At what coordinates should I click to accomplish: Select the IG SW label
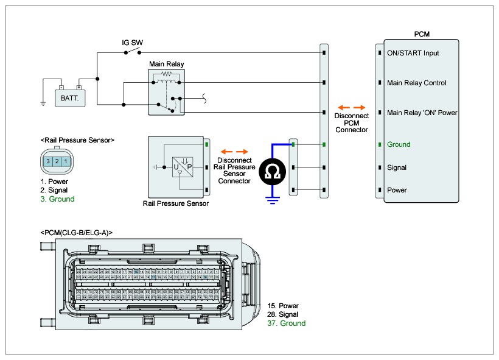[132, 43]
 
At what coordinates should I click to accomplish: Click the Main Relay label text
[167, 64]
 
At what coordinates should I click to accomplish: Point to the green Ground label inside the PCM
[399, 144]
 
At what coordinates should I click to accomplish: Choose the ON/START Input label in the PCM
[413, 53]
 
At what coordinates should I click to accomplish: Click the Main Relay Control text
[416, 83]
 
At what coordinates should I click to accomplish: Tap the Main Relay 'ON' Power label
[422, 113]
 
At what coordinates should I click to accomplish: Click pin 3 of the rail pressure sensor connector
[48, 161]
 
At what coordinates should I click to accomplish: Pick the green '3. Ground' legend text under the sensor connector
[58, 199]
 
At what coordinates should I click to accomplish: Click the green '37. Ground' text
[286, 323]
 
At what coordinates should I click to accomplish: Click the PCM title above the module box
[421, 34]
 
